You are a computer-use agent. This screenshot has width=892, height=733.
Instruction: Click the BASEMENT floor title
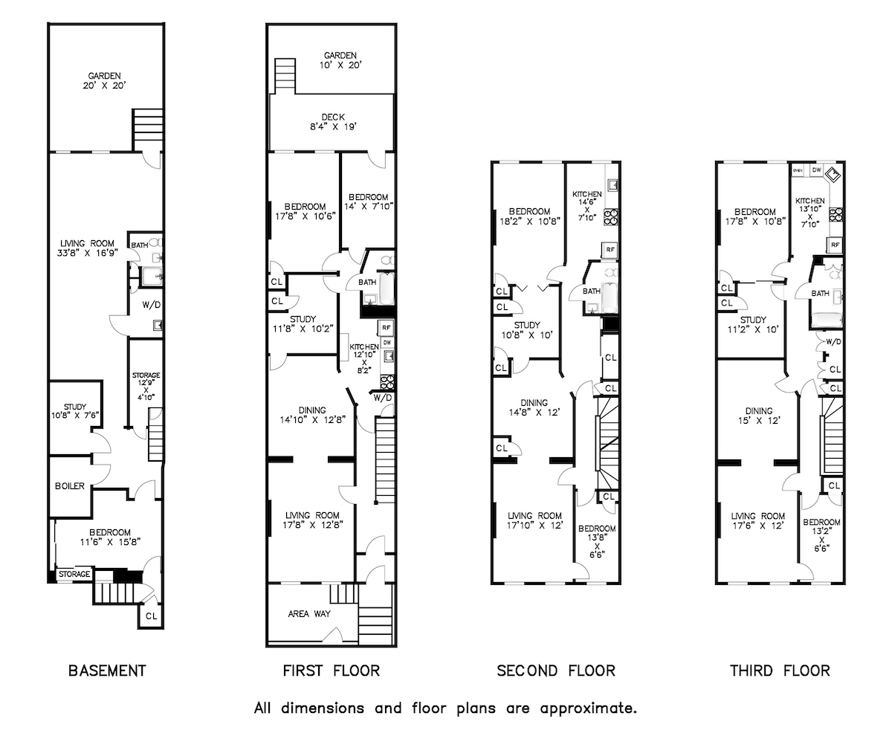click(107, 671)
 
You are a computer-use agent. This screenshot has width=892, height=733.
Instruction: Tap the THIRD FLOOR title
click(780, 671)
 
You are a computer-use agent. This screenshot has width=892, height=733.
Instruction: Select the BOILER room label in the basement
click(69, 486)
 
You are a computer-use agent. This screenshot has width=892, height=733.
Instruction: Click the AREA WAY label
click(309, 614)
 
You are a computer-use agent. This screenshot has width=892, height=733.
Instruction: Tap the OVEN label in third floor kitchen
click(798, 171)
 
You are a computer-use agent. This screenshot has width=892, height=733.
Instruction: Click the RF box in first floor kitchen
click(385, 327)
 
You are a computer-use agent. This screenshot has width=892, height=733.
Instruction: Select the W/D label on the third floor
click(833, 342)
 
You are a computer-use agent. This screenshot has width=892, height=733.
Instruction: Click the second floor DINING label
click(529, 403)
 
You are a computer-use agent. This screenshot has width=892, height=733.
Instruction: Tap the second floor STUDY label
click(526, 325)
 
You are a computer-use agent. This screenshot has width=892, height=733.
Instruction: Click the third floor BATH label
click(820, 294)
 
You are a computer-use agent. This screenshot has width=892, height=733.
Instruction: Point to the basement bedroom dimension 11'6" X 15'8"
click(109, 543)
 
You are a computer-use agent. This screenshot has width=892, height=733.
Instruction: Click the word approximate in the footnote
click(592, 707)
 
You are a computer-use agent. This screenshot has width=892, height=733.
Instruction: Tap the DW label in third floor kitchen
click(816, 170)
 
